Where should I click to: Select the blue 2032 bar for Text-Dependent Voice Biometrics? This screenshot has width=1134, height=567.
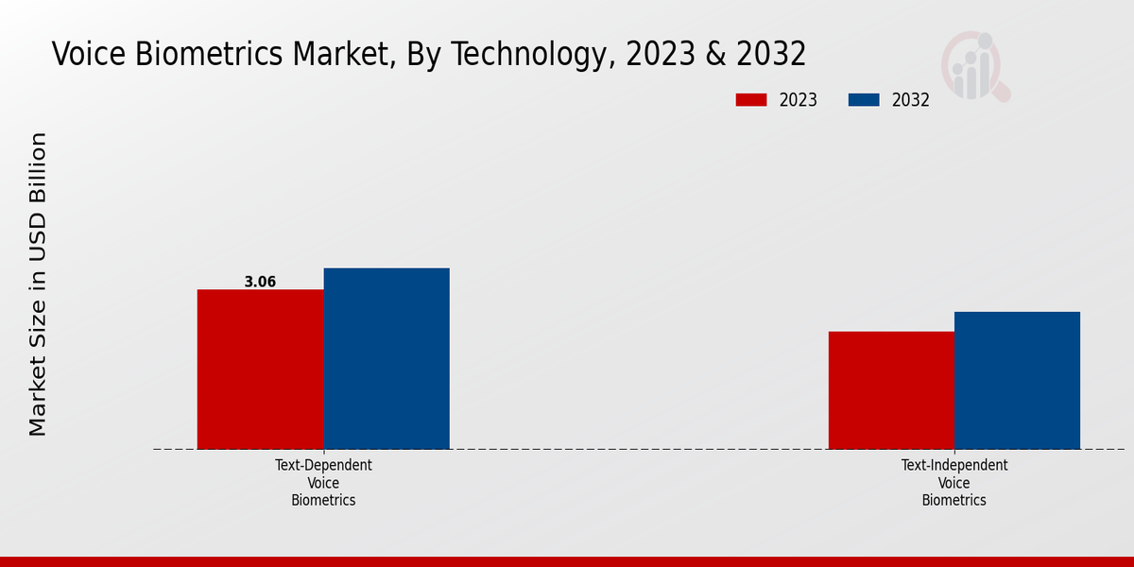tap(387, 358)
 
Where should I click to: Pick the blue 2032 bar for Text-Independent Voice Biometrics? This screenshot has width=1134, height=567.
tap(1017, 380)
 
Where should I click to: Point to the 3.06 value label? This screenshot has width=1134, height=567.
tap(260, 282)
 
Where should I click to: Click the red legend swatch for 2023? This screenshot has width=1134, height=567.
tap(751, 100)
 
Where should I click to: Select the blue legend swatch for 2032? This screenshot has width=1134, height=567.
tap(864, 100)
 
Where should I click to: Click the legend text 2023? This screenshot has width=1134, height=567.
tap(799, 100)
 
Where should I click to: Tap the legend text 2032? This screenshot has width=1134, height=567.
tap(911, 100)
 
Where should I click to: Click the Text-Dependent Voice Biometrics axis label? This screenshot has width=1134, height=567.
tap(323, 482)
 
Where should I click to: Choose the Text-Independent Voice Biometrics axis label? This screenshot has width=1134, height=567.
tap(954, 482)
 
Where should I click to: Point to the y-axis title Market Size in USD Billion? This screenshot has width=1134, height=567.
tap(38, 283)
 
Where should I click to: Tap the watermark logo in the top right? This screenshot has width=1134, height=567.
tap(974, 66)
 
